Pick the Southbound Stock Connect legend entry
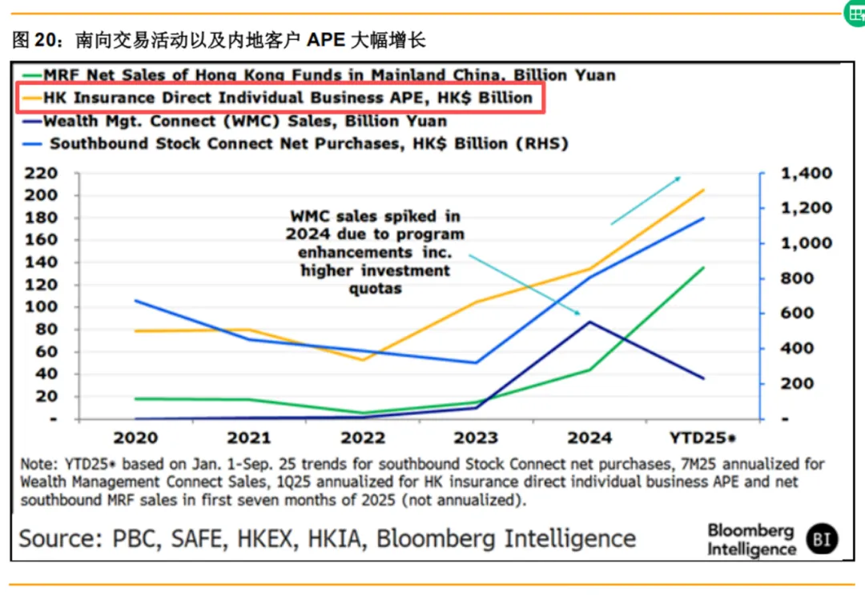click(308, 144)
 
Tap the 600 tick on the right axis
click(802, 314)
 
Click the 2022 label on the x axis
click(362, 438)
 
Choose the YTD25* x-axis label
click(702, 438)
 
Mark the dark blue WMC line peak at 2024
click(589, 322)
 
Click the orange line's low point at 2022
click(363, 359)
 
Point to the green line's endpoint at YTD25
click(703, 268)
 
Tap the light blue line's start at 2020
click(135, 301)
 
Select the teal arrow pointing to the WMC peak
click(525, 284)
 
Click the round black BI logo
click(822, 539)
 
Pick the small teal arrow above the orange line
click(646, 200)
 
